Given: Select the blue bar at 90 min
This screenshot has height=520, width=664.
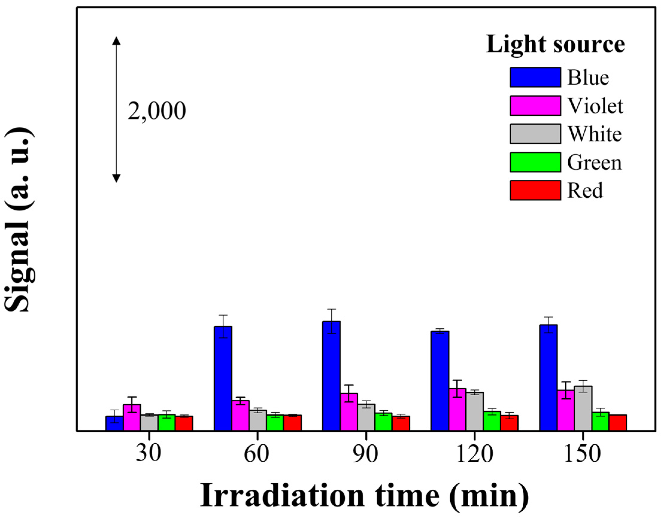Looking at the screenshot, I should click(x=331, y=376).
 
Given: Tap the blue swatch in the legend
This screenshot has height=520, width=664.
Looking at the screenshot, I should click(x=535, y=77).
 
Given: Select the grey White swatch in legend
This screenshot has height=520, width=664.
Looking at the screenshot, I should click(x=535, y=134).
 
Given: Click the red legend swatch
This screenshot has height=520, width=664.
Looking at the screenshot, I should click(x=535, y=190).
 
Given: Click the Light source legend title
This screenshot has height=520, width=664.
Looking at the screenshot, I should click(x=555, y=45).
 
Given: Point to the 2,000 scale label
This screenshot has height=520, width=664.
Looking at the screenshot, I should click(x=156, y=111).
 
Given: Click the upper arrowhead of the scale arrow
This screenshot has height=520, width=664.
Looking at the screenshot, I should click(x=116, y=41).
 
